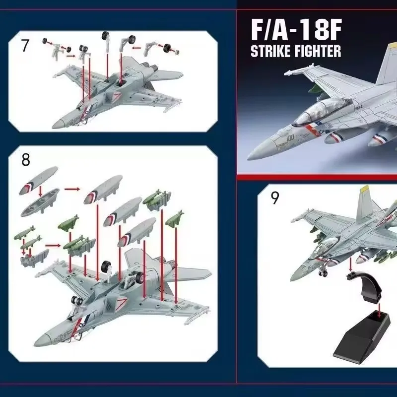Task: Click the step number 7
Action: (24, 46)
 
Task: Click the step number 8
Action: (26, 160)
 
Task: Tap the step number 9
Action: (274, 198)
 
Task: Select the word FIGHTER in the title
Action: (318, 51)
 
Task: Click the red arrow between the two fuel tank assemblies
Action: (72, 189)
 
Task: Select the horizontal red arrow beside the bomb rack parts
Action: (53, 245)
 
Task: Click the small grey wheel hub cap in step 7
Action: (178, 53)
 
